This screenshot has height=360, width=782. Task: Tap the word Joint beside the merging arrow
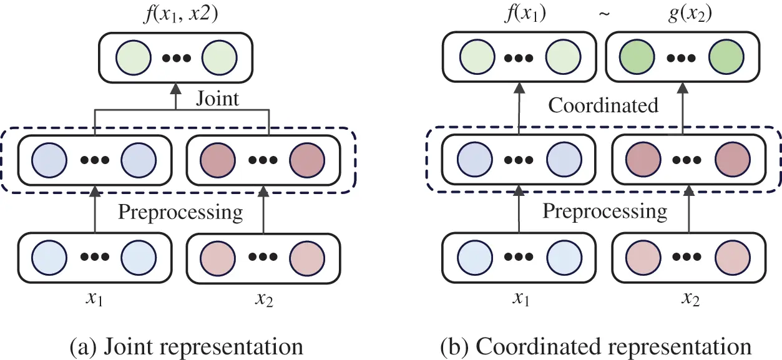coord(218,99)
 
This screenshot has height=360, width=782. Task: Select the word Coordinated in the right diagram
coord(603,105)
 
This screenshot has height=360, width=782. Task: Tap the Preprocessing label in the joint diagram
coord(180,212)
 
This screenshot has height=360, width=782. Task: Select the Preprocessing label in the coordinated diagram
coord(604,211)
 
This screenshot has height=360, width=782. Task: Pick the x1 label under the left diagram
coord(94,299)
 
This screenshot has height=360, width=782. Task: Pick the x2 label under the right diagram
coord(690,299)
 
